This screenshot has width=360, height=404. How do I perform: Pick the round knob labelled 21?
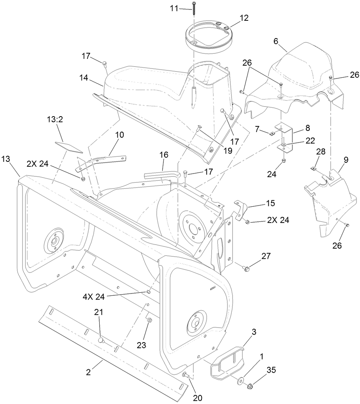pyautogui.click(x=100, y=340)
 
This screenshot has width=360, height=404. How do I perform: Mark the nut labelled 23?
pyautogui.click(x=149, y=321)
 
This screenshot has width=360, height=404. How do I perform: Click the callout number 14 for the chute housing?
pyautogui.click(x=84, y=78)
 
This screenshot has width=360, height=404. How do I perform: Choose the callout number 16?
pyautogui.click(x=163, y=155)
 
